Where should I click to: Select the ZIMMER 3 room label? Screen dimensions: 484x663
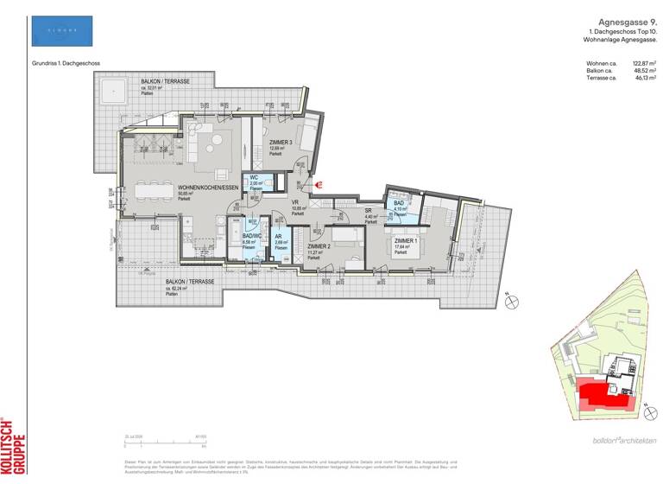pos(280,142)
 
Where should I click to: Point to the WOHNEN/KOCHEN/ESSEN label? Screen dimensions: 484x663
pos(207,188)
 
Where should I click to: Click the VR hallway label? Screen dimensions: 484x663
pos(295,203)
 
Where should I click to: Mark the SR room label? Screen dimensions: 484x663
pos(369,212)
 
